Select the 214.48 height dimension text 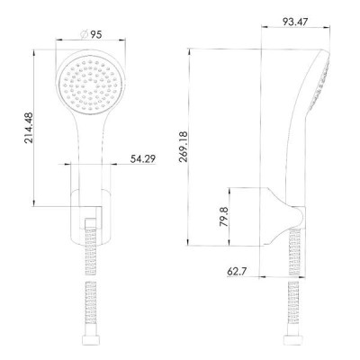(29, 128)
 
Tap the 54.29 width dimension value (143, 158)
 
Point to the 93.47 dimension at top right (295, 22)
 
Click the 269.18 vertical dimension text (183, 147)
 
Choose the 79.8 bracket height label (223, 217)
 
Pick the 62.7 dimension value (237, 272)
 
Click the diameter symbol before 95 (84, 34)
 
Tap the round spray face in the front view (90, 85)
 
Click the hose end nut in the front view (90, 339)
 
